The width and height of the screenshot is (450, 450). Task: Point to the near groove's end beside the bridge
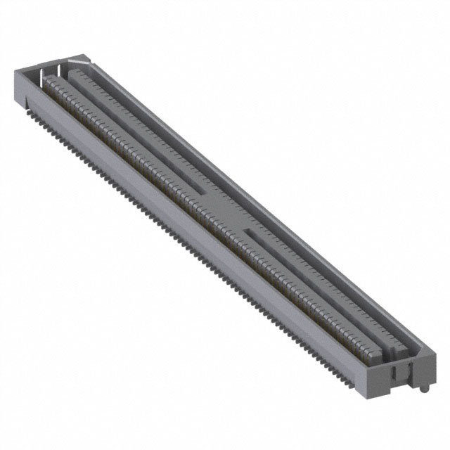[x=247, y=230]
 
